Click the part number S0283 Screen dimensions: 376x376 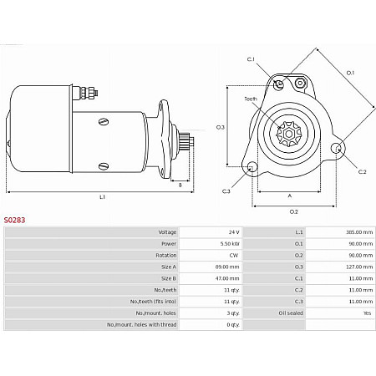15,220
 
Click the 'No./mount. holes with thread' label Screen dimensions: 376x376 142,324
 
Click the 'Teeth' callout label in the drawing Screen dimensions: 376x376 251,99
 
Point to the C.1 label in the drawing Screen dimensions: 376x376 251,59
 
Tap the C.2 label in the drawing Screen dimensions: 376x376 363,171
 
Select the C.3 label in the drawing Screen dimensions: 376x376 226,191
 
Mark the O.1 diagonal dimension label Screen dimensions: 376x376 351,73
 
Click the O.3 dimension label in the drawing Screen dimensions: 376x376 221,127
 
